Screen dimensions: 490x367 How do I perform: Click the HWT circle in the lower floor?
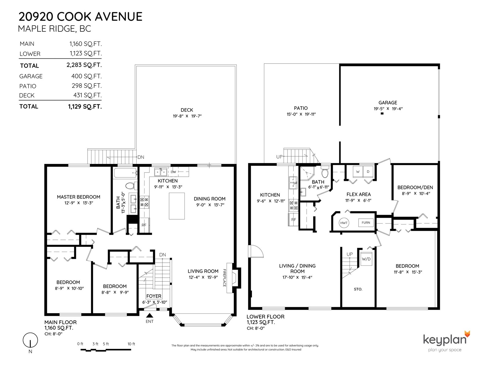(x=344, y=223)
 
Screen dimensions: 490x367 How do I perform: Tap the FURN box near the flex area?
(x=366, y=223)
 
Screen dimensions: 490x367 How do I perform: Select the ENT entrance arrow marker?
(x=149, y=315)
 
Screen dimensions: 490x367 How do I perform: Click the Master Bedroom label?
(x=79, y=197)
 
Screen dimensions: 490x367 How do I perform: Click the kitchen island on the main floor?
(x=177, y=206)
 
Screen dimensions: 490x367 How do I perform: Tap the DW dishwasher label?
(x=173, y=172)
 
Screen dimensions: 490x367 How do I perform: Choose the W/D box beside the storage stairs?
(x=366, y=259)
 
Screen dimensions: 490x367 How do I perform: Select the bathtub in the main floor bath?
(x=126, y=173)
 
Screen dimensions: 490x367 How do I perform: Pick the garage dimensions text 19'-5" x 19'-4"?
(x=388, y=109)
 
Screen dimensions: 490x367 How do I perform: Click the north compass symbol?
(x=30, y=340)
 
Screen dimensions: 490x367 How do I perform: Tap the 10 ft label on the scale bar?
(x=131, y=344)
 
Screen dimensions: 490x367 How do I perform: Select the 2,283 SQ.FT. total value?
(x=84, y=65)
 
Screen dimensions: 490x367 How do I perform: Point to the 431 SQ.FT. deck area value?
(x=88, y=95)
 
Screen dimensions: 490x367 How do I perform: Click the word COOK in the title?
(x=73, y=17)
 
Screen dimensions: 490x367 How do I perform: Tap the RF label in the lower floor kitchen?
(x=294, y=220)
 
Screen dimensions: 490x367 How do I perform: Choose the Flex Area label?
(x=359, y=194)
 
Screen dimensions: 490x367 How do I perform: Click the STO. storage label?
(x=358, y=289)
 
